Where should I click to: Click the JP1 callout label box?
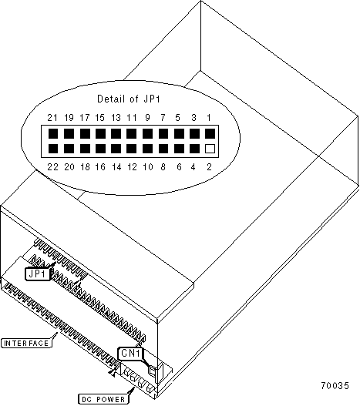(x=38, y=273)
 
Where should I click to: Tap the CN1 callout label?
(x=130, y=353)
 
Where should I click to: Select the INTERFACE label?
(x=26, y=344)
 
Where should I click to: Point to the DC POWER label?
(x=103, y=399)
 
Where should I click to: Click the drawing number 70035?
(x=335, y=385)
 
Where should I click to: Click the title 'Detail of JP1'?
(x=129, y=99)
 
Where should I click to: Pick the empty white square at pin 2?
(x=210, y=149)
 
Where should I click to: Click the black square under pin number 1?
(x=210, y=134)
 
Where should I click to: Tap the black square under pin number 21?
(x=53, y=134)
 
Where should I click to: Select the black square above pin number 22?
(x=53, y=149)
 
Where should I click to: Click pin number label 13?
(x=116, y=118)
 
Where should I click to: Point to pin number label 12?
(x=132, y=167)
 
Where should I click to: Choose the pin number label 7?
(x=163, y=118)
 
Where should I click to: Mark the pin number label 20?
(x=69, y=167)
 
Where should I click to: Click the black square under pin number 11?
(x=131, y=134)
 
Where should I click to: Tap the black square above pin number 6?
(x=179, y=149)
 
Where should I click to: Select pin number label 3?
(x=193, y=118)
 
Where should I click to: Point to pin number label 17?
(x=85, y=118)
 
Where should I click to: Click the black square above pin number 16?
(x=100, y=149)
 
